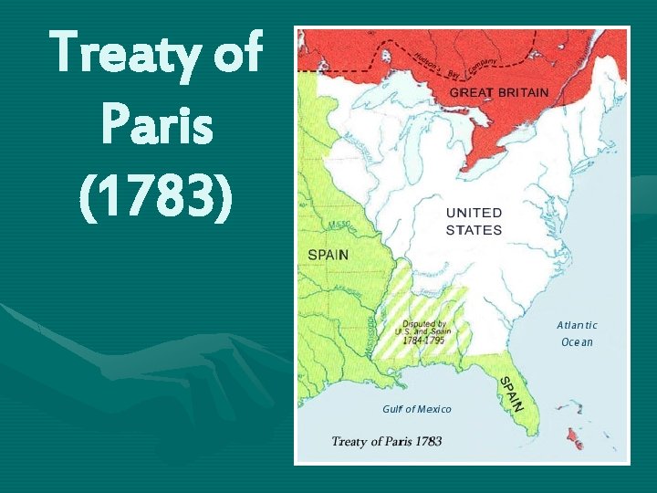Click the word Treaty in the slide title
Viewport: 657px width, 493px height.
click(127, 52)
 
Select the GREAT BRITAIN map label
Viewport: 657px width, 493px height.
click(499, 92)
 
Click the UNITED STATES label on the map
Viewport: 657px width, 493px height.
click(474, 221)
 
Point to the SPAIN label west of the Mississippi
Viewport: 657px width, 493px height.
click(328, 255)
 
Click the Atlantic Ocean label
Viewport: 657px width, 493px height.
click(577, 333)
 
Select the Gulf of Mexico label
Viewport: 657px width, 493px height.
click(417, 409)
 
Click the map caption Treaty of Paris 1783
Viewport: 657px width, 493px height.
click(386, 442)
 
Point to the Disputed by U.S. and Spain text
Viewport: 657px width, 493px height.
click(424, 329)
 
